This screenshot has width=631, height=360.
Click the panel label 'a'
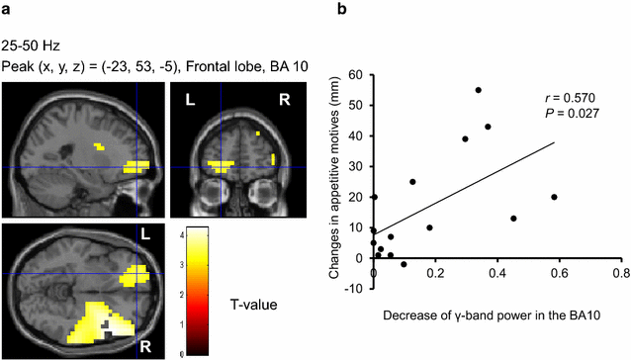click(x=6, y=11)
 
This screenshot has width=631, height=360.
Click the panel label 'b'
click(x=342, y=11)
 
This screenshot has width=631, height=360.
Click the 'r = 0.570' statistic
click(x=567, y=99)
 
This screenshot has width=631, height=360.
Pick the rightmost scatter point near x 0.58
click(x=554, y=197)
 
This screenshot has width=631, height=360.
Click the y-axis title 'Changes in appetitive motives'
click(x=336, y=165)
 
